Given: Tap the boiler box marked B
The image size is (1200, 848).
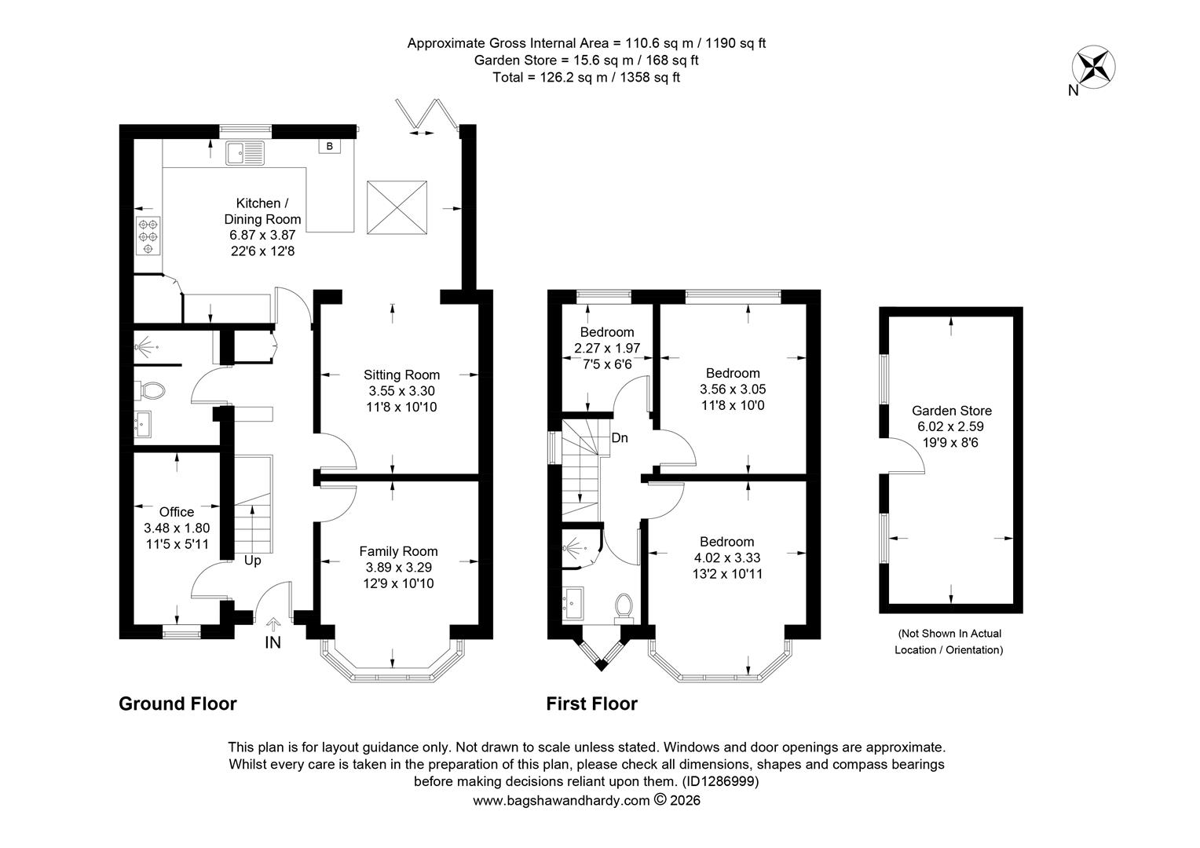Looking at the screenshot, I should (329, 146).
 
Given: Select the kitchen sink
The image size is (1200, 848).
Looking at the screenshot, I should (246, 152).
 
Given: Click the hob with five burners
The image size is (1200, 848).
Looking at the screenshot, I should (148, 236).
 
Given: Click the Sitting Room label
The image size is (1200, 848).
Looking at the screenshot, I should (401, 375).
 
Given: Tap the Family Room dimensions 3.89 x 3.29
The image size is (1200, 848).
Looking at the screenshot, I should (398, 567).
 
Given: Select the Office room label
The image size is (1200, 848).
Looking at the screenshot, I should (177, 512).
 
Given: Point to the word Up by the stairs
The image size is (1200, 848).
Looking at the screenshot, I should (252, 561).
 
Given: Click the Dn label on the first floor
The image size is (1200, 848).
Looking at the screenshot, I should (620, 438).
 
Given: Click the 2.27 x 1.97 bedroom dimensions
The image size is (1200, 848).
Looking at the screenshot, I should (606, 348).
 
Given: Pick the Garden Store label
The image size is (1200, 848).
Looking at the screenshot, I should (951, 411).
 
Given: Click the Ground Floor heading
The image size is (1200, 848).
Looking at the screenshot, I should (177, 704).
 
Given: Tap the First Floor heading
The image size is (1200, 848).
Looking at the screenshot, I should (591, 704).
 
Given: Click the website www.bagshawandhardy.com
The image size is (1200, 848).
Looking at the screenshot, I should (562, 800).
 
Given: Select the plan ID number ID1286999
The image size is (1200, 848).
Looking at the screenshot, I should (719, 781).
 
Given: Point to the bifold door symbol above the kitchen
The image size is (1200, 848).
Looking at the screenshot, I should (426, 114).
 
